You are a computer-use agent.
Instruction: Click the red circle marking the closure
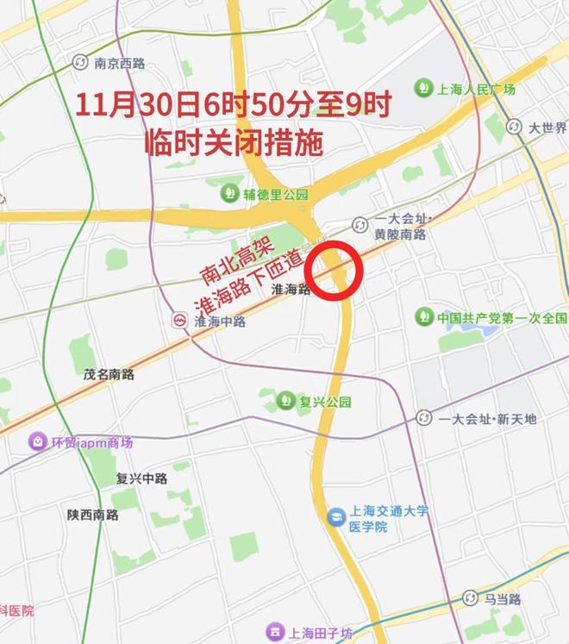click(x=336, y=272)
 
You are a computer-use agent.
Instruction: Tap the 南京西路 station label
click(x=120, y=62)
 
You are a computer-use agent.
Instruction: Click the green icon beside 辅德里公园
click(x=230, y=194)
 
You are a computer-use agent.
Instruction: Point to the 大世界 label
click(x=547, y=128)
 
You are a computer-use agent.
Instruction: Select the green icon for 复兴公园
click(x=285, y=401)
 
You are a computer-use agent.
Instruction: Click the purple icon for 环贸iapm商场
click(x=38, y=442)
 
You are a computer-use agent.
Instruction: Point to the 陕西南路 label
click(x=93, y=515)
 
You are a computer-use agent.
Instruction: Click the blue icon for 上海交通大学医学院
click(x=335, y=517)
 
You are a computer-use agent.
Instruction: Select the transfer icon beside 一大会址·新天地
click(x=424, y=418)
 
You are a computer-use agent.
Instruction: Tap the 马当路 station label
click(x=503, y=597)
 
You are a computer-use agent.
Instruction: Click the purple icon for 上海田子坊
click(x=274, y=628)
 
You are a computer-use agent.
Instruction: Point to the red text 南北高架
click(x=230, y=261)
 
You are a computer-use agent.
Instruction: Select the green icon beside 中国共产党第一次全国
click(x=423, y=316)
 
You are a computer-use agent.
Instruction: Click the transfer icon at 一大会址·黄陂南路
click(x=360, y=225)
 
